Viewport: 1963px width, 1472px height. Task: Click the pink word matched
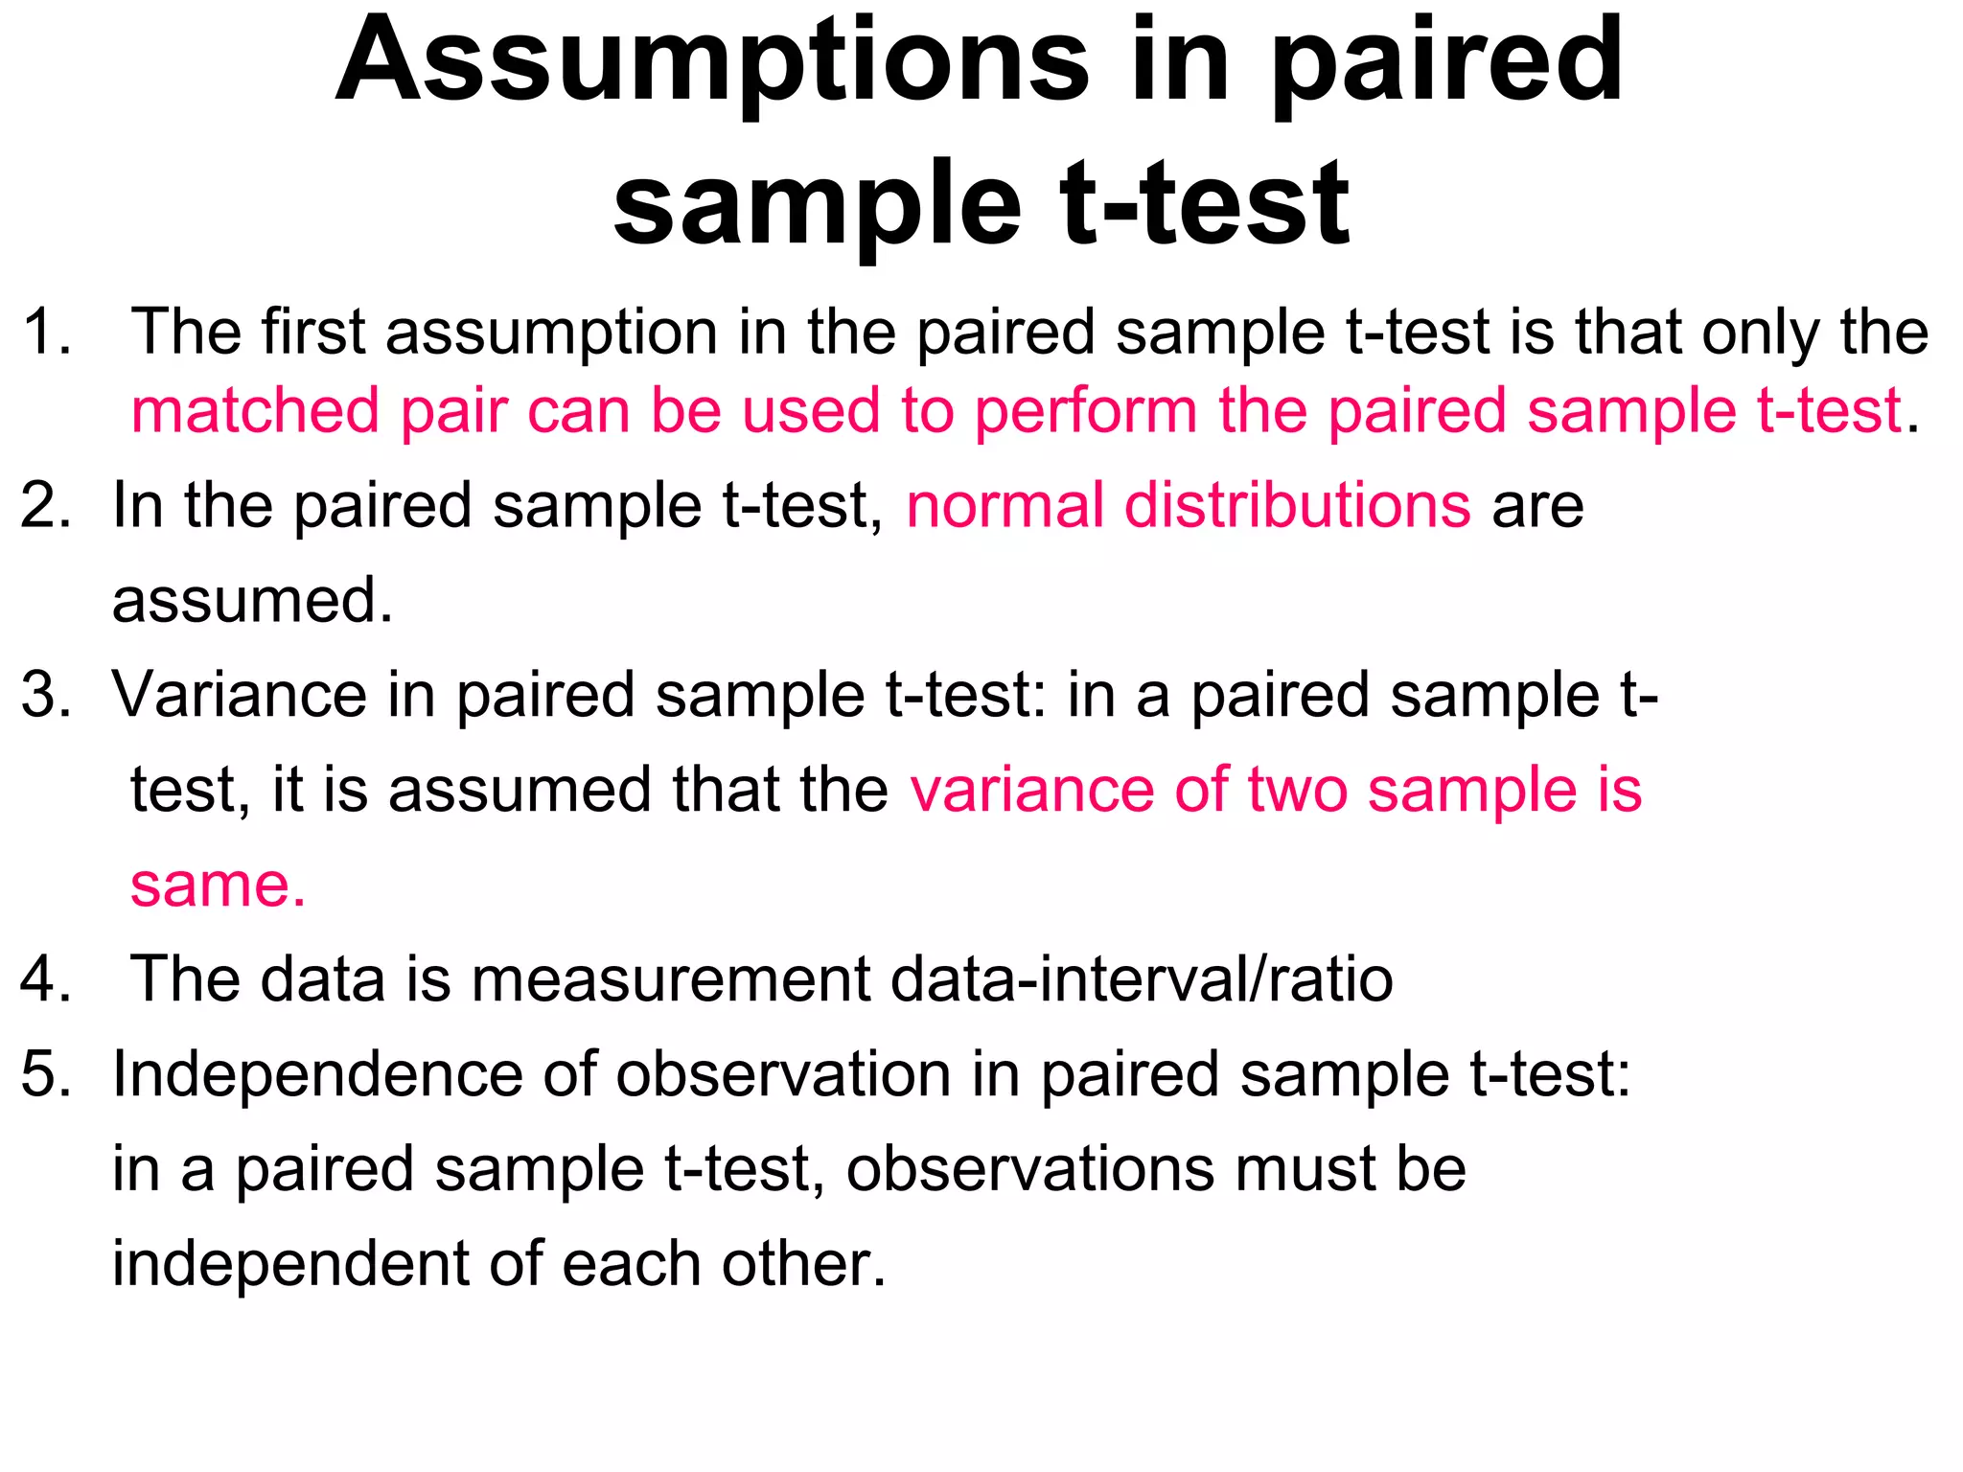tap(255, 410)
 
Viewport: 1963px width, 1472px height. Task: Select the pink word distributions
tap(1298, 504)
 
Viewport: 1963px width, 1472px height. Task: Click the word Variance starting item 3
tap(239, 693)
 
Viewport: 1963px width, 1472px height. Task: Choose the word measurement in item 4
tap(671, 978)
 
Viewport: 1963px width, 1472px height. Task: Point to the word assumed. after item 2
tap(252, 601)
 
